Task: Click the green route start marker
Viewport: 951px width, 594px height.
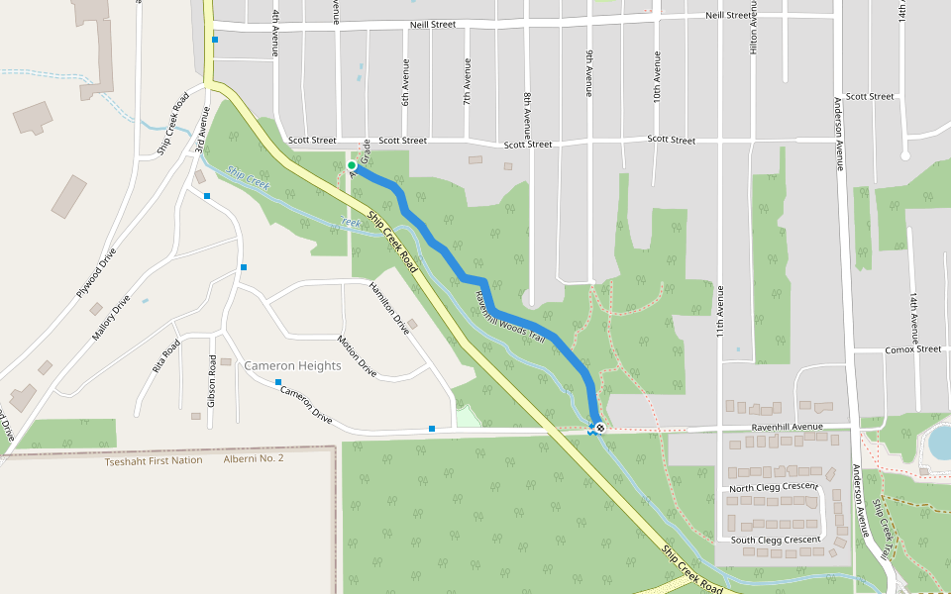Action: [x=352, y=166]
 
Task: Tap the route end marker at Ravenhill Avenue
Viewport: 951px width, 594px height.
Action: [x=599, y=428]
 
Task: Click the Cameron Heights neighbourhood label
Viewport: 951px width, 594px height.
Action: [x=292, y=365]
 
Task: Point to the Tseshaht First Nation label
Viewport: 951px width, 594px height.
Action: [x=154, y=460]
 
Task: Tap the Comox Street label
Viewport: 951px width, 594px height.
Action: [x=913, y=348]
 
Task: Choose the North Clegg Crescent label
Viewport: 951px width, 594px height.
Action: [x=773, y=488]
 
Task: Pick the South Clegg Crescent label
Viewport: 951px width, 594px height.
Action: [x=776, y=540]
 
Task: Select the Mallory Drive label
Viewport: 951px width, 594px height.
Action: [x=111, y=318]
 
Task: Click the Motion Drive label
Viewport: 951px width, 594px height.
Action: [x=357, y=356]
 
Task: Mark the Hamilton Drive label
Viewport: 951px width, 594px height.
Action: [x=388, y=307]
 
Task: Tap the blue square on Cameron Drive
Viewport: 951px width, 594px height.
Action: [x=278, y=382]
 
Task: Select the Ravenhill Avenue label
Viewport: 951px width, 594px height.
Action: [x=788, y=427]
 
